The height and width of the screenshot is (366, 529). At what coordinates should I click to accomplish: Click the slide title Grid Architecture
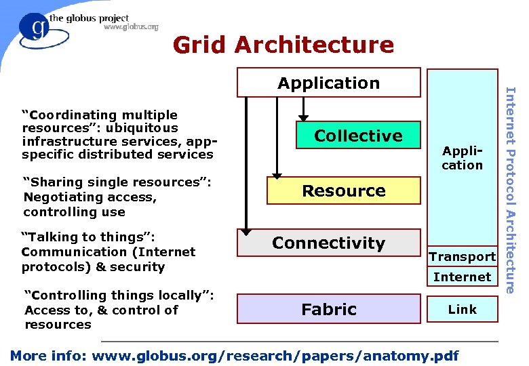pos(283,45)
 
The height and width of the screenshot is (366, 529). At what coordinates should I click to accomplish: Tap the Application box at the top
pos(328,83)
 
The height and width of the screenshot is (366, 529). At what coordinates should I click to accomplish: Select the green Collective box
pos(358,136)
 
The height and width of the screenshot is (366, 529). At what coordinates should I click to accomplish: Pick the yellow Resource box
pos(344,191)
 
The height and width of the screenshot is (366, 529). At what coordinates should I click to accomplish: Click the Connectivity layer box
pos(328,243)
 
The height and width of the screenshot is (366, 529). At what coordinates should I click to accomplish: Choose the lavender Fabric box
pos(328,310)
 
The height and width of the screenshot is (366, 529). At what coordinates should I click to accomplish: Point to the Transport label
pos(463,256)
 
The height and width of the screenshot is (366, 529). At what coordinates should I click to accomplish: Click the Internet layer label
pos(462,277)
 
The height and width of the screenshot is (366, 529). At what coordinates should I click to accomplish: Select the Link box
pos(462,309)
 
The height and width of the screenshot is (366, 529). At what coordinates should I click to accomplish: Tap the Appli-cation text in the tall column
pos(462,159)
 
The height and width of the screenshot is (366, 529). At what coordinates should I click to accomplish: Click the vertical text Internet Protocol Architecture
pos(512,190)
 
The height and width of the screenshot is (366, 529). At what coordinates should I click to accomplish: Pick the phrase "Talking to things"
pos(89,237)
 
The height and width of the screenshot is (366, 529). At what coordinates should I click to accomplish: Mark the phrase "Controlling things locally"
pos(119,296)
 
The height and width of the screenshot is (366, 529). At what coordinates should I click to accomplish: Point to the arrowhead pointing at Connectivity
pos(247,228)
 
